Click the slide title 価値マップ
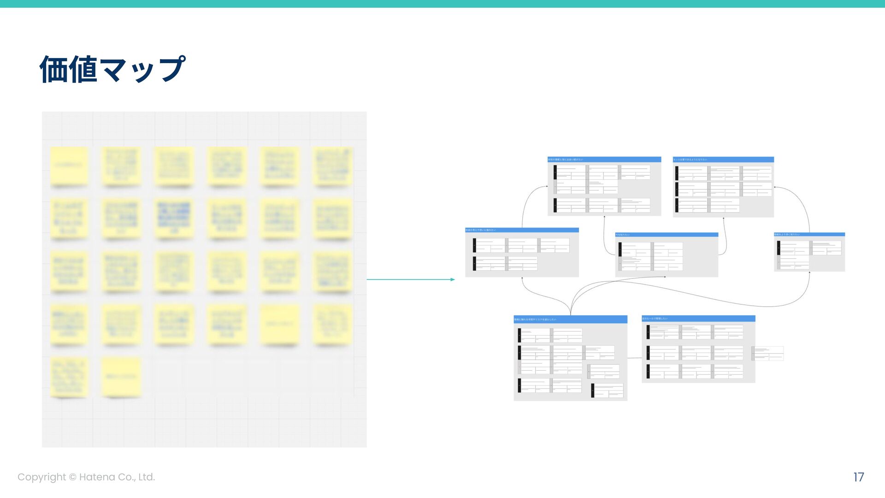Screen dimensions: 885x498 (112, 69)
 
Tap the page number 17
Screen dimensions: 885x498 (858, 477)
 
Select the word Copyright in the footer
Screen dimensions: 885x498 (41, 477)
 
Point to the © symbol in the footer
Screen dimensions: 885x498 (72, 477)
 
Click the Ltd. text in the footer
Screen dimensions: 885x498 (146, 477)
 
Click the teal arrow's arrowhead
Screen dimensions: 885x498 (453, 279)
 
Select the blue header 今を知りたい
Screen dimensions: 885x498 (666, 235)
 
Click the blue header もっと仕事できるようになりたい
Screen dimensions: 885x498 (723, 160)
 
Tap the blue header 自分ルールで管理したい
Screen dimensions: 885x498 (698, 319)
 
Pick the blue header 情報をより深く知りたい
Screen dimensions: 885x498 (809, 234)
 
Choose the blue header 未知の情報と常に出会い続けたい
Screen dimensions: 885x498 (604, 160)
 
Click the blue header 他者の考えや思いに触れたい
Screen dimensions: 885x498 (522, 230)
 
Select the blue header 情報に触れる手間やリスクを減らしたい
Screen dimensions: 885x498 (570, 319)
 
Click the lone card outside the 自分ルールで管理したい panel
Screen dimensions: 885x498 (767, 354)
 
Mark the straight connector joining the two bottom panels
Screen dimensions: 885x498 (634, 358)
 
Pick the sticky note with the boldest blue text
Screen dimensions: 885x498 (173, 217)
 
